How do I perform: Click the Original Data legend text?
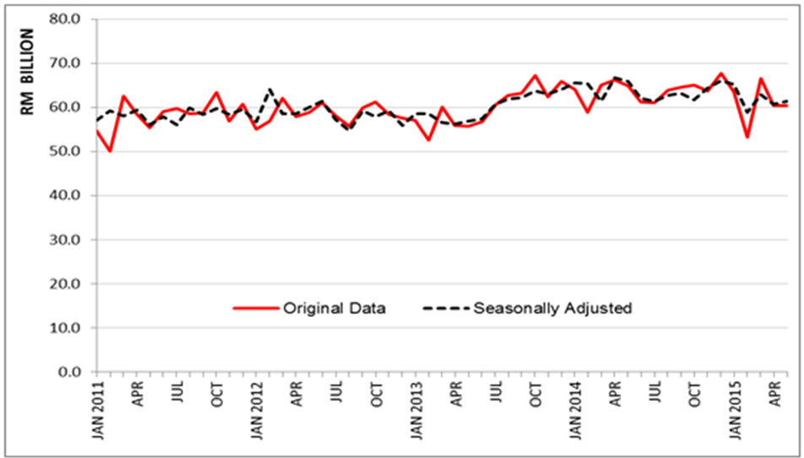coord(336,309)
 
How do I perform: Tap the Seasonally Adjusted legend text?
coord(552,309)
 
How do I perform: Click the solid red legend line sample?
coord(257,309)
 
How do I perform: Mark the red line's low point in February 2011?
coord(110,151)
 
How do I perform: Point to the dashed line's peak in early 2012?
coord(270,89)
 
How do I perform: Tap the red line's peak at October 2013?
coord(535,75)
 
